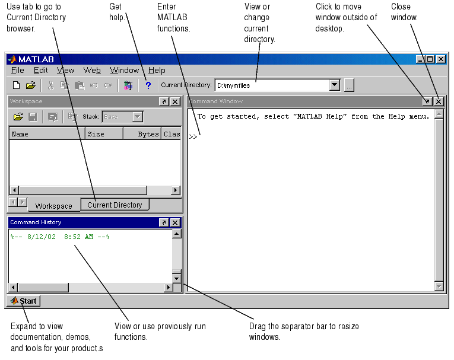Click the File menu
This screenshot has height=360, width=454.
pyautogui.click(x=17, y=71)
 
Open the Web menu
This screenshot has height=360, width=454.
pyautogui.click(x=92, y=71)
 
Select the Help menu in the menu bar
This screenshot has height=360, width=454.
pyautogui.click(x=157, y=71)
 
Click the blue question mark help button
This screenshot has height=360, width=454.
pyautogui.click(x=148, y=85)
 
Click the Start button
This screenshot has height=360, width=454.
pyautogui.click(x=24, y=301)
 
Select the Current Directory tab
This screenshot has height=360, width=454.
pyautogui.click(x=115, y=205)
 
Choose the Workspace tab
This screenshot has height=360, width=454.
pyautogui.click(x=54, y=206)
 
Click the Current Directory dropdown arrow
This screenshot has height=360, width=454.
pyautogui.click(x=335, y=85)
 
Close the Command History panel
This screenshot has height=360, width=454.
pyautogui.click(x=175, y=222)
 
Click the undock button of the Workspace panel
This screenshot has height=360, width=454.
pyautogui.click(x=164, y=101)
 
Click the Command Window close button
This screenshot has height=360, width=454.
pyautogui.click(x=439, y=101)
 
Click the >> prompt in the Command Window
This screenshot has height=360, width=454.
pyautogui.click(x=193, y=136)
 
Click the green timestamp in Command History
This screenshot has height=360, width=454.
pyautogui.click(x=60, y=237)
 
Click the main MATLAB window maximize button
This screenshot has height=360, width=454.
pyautogui.click(x=430, y=59)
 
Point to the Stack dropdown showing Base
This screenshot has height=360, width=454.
pyautogui.click(x=123, y=117)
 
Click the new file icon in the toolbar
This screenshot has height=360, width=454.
pyautogui.click(x=17, y=85)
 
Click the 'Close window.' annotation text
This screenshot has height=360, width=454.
pyautogui.click(x=404, y=12)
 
